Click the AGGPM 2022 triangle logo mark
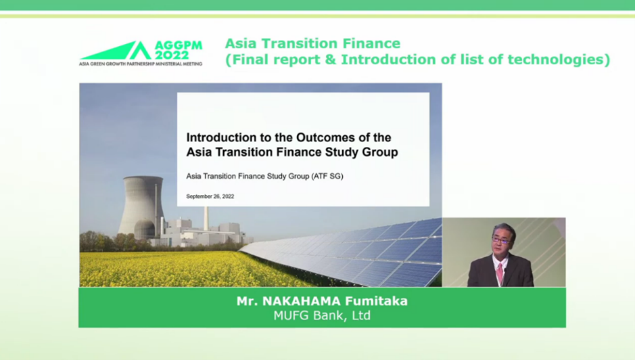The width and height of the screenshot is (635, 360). [x=118, y=51]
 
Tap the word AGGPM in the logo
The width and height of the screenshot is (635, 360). [x=179, y=45]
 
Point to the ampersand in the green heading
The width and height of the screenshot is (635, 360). [x=331, y=60]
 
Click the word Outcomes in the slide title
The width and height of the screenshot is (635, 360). [x=325, y=137]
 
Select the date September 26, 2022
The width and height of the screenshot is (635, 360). [x=210, y=196]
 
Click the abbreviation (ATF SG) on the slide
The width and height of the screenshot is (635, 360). [x=327, y=176]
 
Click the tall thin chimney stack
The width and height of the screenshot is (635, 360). [x=206, y=219]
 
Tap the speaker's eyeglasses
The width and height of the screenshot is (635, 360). [x=502, y=240]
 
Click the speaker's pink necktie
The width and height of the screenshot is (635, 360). [x=500, y=273]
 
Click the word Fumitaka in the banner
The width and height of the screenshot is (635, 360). [x=376, y=301]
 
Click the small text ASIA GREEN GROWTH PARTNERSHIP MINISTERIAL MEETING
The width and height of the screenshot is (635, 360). [x=141, y=64]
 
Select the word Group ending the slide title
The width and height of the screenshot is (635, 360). [x=380, y=152]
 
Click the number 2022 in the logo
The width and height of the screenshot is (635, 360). [x=172, y=55]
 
